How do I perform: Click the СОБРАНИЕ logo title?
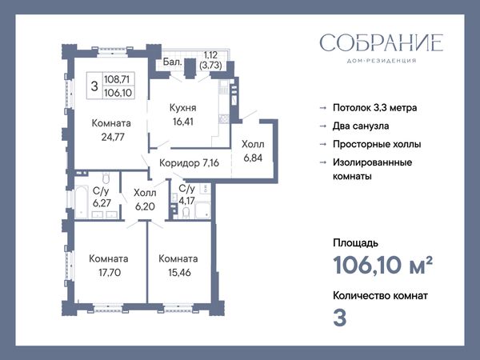[382, 42]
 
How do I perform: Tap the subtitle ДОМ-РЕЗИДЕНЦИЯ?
[382, 61]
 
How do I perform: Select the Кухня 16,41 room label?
[183, 114]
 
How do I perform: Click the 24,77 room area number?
[113, 137]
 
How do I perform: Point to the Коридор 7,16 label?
[189, 163]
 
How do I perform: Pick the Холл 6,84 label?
[253, 151]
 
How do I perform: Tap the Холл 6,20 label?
[145, 199]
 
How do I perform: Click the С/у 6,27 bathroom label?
[102, 197]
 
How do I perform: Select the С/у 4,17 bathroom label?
[186, 194]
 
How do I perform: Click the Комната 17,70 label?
[109, 266]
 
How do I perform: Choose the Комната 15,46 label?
[178, 266]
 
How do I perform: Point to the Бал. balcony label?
[172, 62]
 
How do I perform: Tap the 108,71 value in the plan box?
[117, 79]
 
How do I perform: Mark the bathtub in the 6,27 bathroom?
[82, 202]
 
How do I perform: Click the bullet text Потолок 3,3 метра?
[375, 108]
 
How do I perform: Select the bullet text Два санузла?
[361, 126]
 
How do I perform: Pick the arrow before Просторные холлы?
[323, 144]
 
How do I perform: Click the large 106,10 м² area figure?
[382, 265]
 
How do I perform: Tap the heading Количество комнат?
[381, 296]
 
